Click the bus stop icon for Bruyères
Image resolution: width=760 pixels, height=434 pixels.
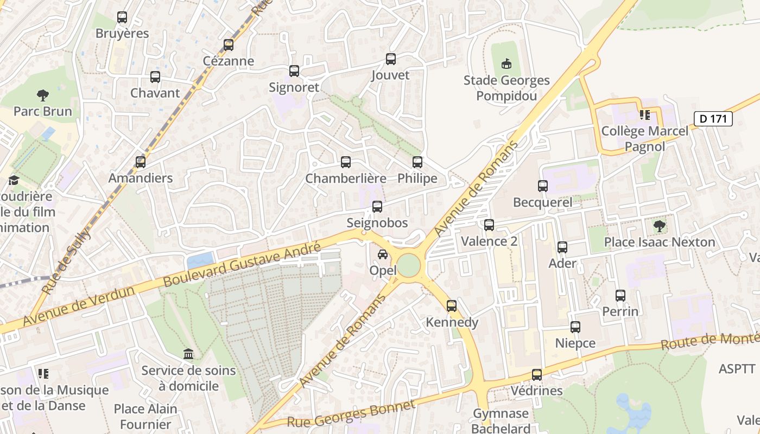[x=122, y=17]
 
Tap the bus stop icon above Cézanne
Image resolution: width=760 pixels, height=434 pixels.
[x=229, y=45]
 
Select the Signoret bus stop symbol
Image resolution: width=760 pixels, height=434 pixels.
[x=294, y=71]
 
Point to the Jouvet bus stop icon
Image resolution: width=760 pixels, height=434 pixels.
[x=391, y=59]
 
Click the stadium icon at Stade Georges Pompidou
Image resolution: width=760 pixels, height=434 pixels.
[x=506, y=64]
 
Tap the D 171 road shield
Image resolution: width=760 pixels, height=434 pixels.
[x=713, y=119]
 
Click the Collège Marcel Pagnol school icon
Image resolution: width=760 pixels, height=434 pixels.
[x=644, y=115]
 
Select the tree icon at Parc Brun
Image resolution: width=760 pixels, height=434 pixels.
[x=43, y=95]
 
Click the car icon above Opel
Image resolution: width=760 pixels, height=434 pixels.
[x=383, y=254]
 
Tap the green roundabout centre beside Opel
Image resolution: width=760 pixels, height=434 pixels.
[x=408, y=265]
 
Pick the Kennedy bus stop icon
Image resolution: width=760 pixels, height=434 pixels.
[x=452, y=306]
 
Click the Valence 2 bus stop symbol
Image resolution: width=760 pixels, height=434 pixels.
[x=489, y=225]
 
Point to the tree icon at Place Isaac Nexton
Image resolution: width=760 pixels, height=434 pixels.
[x=660, y=226]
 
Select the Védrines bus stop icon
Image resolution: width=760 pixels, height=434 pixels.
[x=537, y=375]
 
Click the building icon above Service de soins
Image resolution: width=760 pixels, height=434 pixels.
[x=188, y=354]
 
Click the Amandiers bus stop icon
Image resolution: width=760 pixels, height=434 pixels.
[x=141, y=162]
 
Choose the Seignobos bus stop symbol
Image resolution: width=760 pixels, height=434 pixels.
[x=377, y=207]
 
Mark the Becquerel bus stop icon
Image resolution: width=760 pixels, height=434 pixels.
[x=543, y=186]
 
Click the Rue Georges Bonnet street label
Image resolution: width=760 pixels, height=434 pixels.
[x=351, y=414]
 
